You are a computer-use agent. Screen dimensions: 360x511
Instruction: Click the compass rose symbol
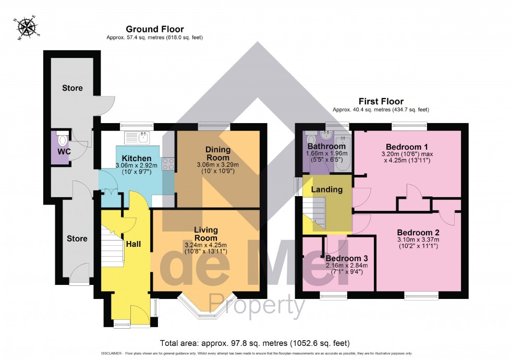(27, 29)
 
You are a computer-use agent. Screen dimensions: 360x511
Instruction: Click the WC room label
(64, 151)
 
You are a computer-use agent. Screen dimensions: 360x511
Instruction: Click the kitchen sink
(138, 137)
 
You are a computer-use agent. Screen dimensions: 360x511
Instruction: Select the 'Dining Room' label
(218, 154)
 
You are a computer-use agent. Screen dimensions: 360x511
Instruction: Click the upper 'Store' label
(72, 88)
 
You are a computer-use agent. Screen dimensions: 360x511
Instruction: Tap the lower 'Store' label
(77, 238)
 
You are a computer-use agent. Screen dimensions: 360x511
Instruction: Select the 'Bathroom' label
(326, 147)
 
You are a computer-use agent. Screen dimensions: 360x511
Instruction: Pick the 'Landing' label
(327, 189)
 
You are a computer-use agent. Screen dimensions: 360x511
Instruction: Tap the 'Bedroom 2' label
(418, 232)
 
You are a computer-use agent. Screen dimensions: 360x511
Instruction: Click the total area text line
(255, 343)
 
